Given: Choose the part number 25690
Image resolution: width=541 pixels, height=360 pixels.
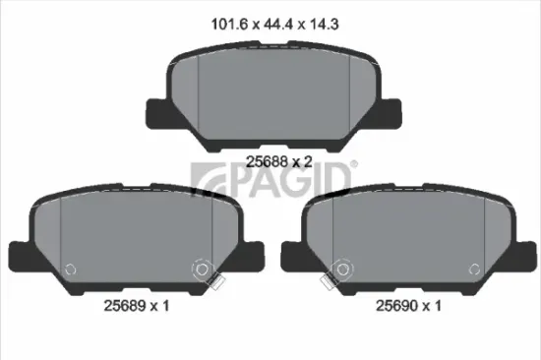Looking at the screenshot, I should pyautogui.click(x=398, y=307).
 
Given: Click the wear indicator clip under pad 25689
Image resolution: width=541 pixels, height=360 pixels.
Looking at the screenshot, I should pyautogui.click(x=217, y=285).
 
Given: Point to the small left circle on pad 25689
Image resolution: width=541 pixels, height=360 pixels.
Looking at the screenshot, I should pyautogui.click(x=69, y=269).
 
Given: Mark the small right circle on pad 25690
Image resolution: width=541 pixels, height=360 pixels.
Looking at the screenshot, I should pyautogui.click(x=476, y=269).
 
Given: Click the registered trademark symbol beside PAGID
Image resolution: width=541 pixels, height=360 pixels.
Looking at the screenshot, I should pyautogui.click(x=353, y=164).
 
